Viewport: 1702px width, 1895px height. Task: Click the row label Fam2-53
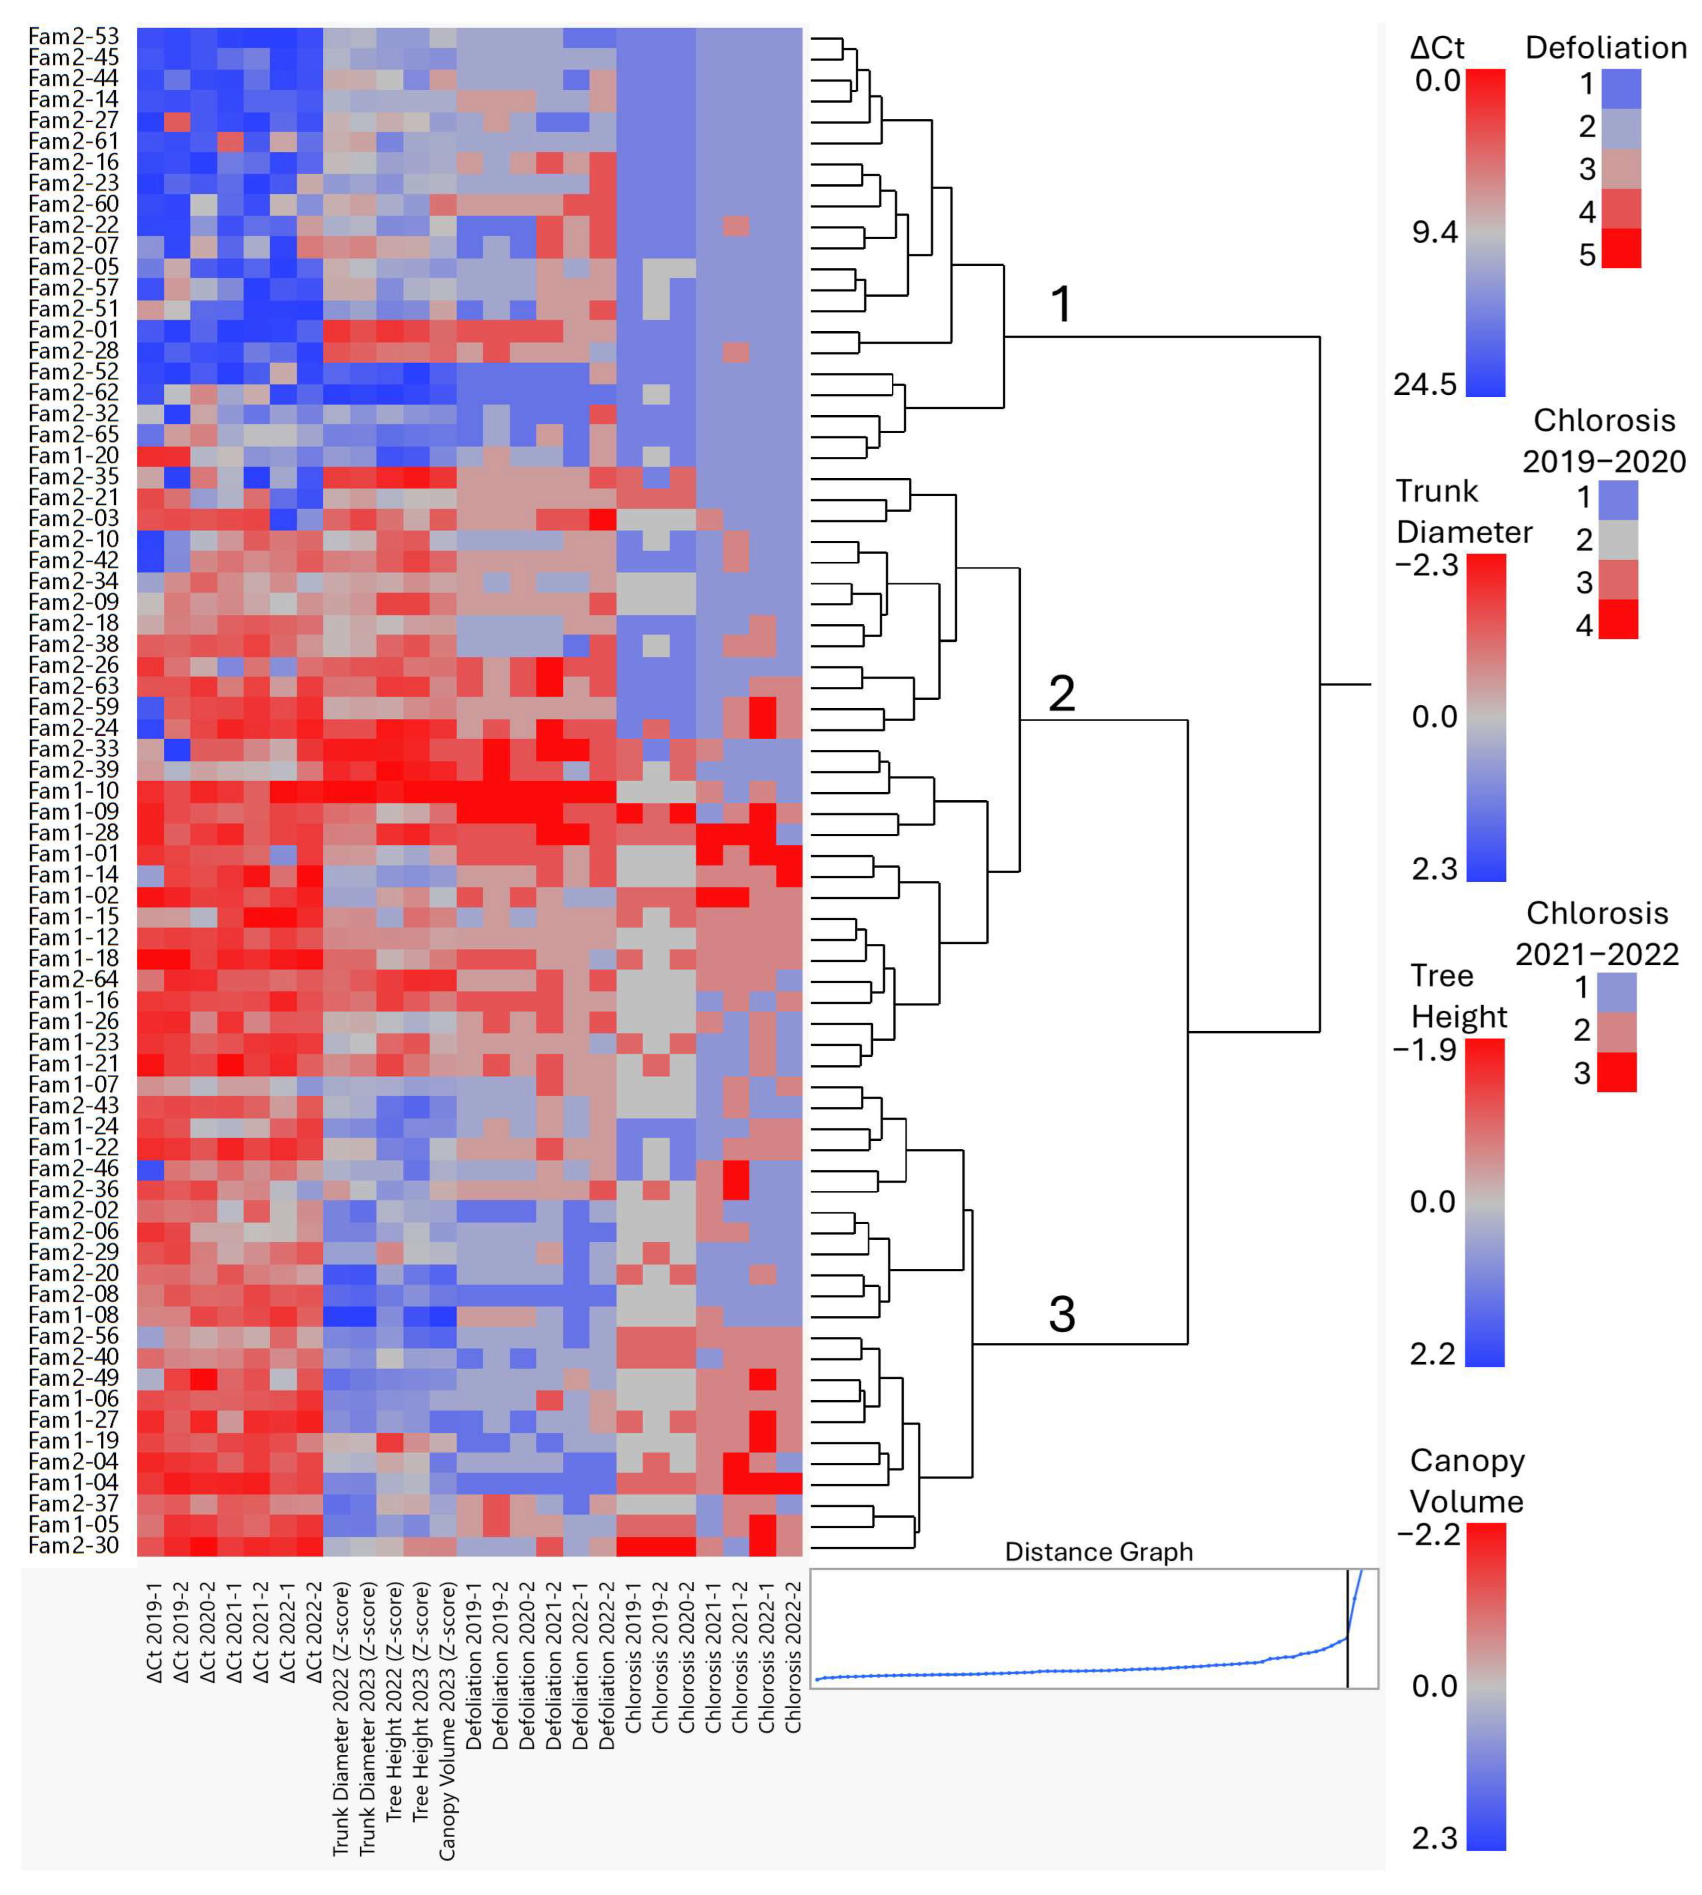tap(74, 36)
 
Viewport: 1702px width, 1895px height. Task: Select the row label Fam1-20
tap(74, 455)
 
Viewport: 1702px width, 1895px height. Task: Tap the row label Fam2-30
tap(74, 1545)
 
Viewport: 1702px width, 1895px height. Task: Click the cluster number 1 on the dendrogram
tap(1061, 304)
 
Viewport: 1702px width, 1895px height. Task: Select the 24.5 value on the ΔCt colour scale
tap(1424, 384)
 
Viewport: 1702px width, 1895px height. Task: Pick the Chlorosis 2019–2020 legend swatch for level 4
tap(1618, 619)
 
